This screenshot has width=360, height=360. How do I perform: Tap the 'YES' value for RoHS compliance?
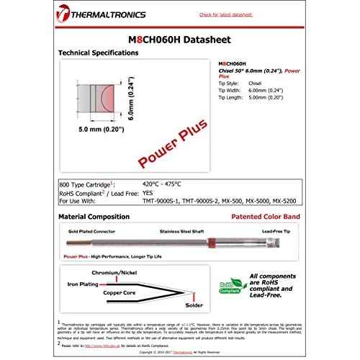click(x=148, y=193)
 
